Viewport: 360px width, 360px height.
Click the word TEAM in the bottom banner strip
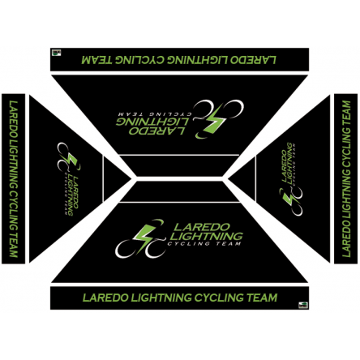point(263,298)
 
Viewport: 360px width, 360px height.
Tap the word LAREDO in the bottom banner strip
point(105,298)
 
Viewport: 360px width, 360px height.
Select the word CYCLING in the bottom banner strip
point(219,298)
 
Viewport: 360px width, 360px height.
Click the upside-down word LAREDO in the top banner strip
point(253,60)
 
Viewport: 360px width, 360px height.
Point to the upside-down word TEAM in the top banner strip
point(96,60)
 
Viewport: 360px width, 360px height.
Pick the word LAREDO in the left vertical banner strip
point(14,120)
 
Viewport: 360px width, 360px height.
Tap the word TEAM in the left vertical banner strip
point(14,244)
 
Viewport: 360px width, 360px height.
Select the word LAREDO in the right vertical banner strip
point(346,237)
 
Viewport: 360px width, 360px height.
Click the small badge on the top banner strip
point(57,53)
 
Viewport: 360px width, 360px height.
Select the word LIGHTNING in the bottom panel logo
point(206,236)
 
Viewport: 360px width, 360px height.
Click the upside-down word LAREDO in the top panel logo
point(156,131)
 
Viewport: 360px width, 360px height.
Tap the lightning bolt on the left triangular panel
point(70,160)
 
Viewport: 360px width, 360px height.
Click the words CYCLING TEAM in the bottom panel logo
point(204,244)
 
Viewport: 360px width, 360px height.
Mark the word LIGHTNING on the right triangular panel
point(289,165)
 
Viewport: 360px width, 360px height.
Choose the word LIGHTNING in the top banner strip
point(196,60)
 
